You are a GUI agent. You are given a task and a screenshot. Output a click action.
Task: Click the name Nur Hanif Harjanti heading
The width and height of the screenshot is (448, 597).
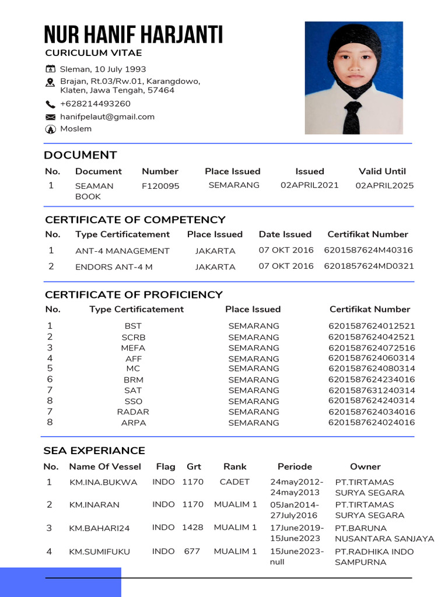(134, 36)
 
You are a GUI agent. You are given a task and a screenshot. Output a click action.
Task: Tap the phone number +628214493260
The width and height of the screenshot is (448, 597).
(95, 104)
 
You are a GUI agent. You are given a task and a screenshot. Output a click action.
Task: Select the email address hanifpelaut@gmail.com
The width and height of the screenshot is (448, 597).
(107, 117)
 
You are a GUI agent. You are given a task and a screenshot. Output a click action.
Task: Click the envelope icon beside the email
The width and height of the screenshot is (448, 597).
(50, 117)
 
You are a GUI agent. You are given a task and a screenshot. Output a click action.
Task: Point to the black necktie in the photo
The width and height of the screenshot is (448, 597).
(352, 117)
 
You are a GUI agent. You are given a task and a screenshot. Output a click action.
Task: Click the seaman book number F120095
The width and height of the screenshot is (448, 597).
(160, 186)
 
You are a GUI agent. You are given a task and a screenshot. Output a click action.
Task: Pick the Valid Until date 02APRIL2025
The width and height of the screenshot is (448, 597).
(384, 185)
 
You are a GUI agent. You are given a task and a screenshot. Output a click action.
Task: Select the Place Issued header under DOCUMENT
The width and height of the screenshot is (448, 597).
(232, 171)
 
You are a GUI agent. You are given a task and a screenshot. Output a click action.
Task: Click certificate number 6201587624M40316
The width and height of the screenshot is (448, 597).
(368, 250)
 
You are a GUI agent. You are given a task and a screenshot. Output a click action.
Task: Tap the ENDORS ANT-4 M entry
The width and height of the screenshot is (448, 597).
(114, 267)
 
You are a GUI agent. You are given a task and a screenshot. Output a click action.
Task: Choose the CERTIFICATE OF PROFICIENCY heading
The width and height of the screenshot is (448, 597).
(134, 294)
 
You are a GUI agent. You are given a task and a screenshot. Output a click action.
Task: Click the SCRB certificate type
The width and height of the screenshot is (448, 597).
(134, 338)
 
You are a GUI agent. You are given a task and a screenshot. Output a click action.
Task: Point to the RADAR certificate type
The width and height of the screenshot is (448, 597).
(133, 412)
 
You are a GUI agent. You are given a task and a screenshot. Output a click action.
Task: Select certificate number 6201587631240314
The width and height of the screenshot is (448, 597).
(372, 391)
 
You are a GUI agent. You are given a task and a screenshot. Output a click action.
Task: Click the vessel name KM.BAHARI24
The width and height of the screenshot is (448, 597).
(99, 528)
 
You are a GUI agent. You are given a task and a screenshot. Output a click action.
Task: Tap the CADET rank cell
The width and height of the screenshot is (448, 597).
(235, 482)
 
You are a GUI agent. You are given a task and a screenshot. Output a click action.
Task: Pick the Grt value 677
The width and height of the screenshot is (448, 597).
(192, 551)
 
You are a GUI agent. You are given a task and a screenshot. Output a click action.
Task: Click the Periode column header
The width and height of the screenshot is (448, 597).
(295, 466)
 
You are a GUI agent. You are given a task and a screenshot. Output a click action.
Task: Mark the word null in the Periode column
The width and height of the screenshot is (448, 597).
(276, 562)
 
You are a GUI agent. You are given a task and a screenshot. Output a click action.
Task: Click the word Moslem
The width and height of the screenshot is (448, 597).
(76, 129)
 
